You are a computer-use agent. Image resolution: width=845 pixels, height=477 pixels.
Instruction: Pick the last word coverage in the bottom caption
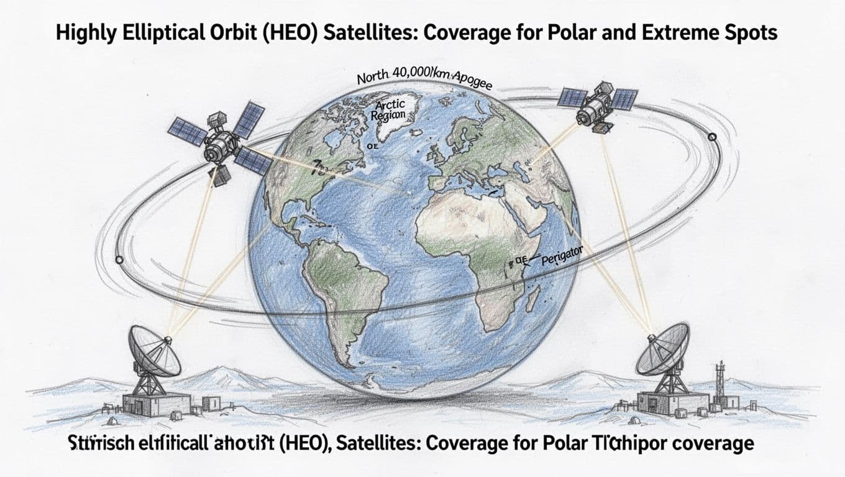point(713,444)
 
